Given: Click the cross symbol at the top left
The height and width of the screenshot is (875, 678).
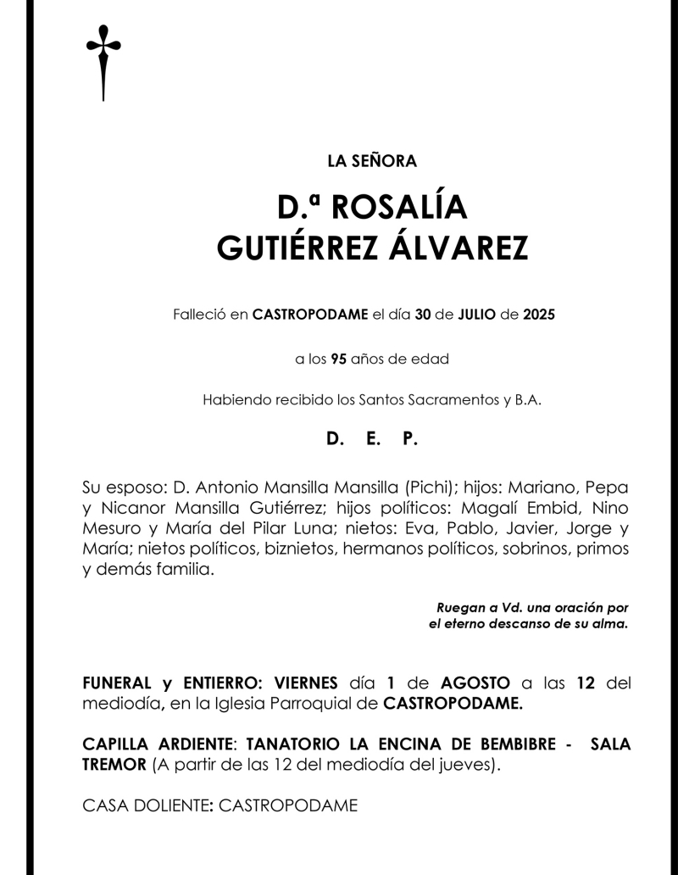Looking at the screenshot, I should tap(103, 61).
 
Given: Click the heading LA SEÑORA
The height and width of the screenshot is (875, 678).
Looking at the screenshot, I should tap(371, 159).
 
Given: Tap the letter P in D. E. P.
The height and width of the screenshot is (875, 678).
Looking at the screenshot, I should tap(410, 439).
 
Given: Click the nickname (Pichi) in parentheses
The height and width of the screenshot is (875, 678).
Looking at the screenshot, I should tap(433, 489).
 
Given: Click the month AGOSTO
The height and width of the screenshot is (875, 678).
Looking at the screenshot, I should tap(475, 683).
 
